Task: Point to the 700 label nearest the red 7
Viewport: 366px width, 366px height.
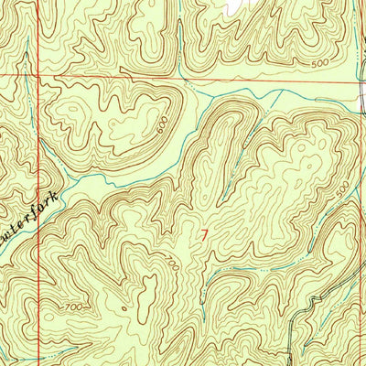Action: click(x=173, y=263)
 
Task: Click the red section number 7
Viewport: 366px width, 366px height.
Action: click(x=204, y=236)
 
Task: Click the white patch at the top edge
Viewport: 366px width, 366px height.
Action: click(x=235, y=5)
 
